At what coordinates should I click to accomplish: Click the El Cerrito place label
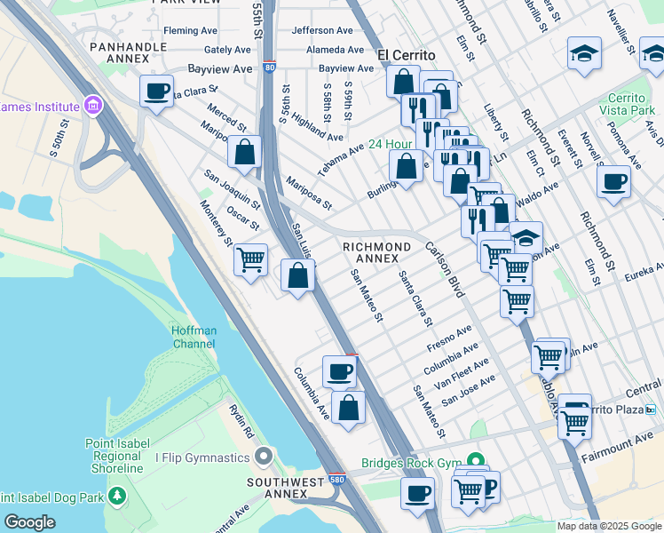[x=408, y=54]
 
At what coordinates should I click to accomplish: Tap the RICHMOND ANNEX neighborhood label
[x=376, y=252]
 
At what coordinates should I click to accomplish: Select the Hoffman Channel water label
[x=194, y=337]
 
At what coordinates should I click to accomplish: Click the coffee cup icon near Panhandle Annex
[x=157, y=91]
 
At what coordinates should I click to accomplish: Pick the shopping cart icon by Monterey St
[x=251, y=260]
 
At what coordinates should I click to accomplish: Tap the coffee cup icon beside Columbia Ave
[x=338, y=371]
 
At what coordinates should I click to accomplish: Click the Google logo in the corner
[x=29, y=522]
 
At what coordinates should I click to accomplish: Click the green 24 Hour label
[x=391, y=144]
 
